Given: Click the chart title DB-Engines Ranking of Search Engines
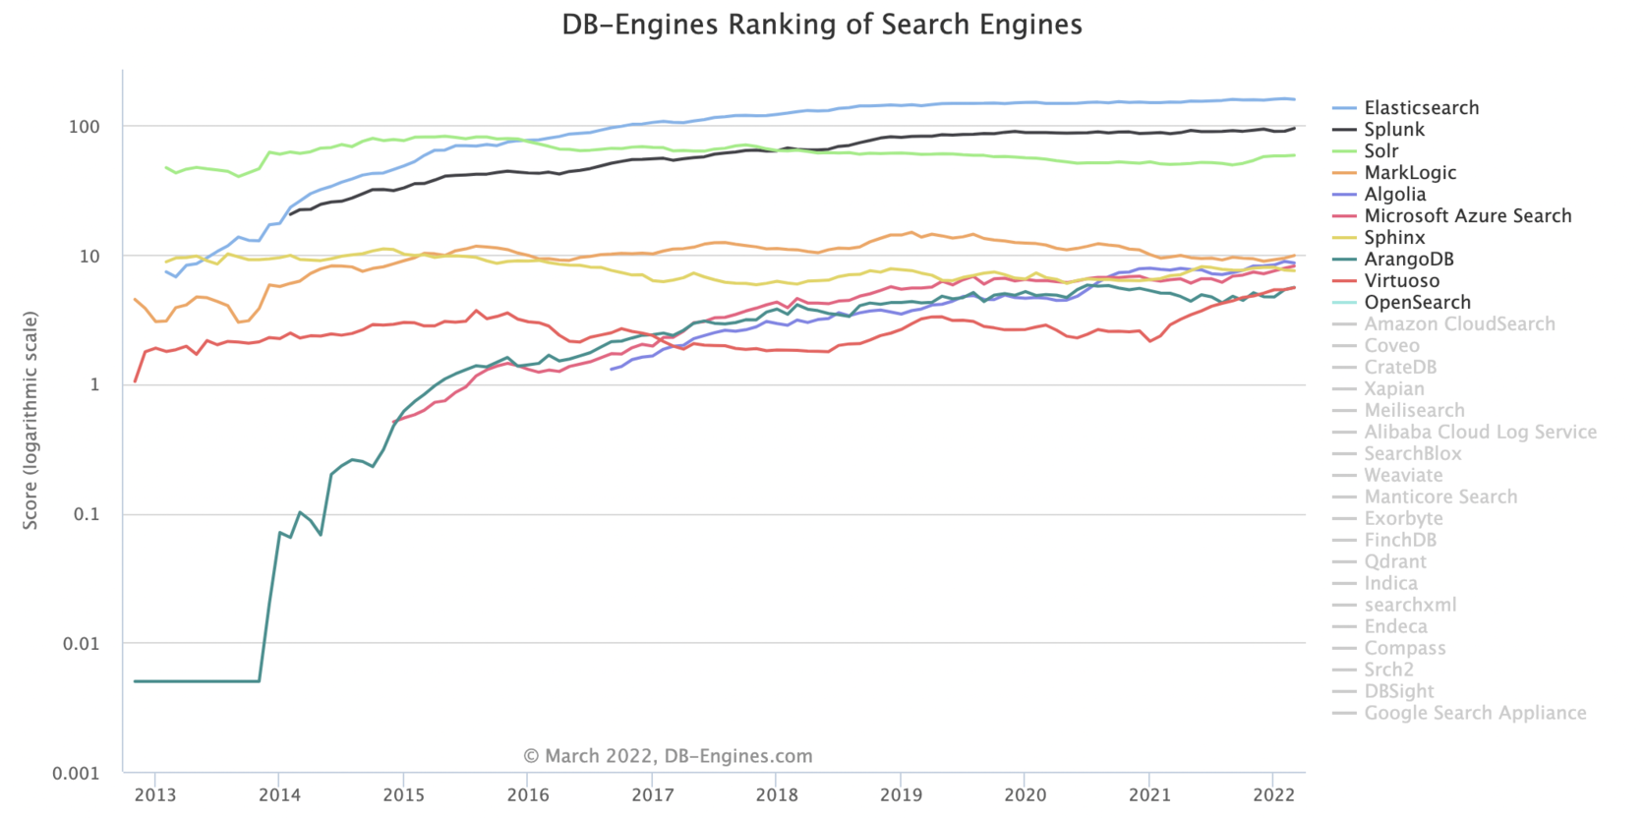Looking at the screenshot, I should (x=821, y=25).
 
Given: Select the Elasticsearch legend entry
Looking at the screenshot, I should (x=1420, y=108).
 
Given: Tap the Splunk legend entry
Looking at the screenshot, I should (x=1393, y=130).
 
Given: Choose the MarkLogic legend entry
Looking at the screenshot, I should (x=1409, y=173).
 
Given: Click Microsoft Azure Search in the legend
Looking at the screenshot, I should (x=1466, y=216).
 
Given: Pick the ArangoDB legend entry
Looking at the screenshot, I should (x=1408, y=260).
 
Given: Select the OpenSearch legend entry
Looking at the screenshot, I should (x=1416, y=303).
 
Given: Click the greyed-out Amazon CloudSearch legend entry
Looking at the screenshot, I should (x=1458, y=324).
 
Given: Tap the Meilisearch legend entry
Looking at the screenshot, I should (x=1413, y=411).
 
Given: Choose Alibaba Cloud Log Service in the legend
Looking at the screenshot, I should (x=1479, y=433).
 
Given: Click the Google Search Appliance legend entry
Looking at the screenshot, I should (x=1474, y=714).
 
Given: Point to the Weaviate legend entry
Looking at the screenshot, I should (x=1402, y=476).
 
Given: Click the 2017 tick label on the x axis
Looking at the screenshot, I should (x=652, y=795).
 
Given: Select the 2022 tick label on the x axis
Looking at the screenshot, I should (x=1272, y=795).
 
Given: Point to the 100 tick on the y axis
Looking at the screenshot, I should (x=85, y=127).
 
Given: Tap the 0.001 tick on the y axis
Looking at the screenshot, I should (x=76, y=774).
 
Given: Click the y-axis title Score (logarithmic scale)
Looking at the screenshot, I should (x=30, y=421).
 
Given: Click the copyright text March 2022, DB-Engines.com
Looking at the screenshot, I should (x=668, y=756).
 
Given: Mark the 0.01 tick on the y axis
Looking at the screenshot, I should (x=81, y=644).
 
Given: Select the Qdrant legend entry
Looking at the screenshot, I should (x=1394, y=562).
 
